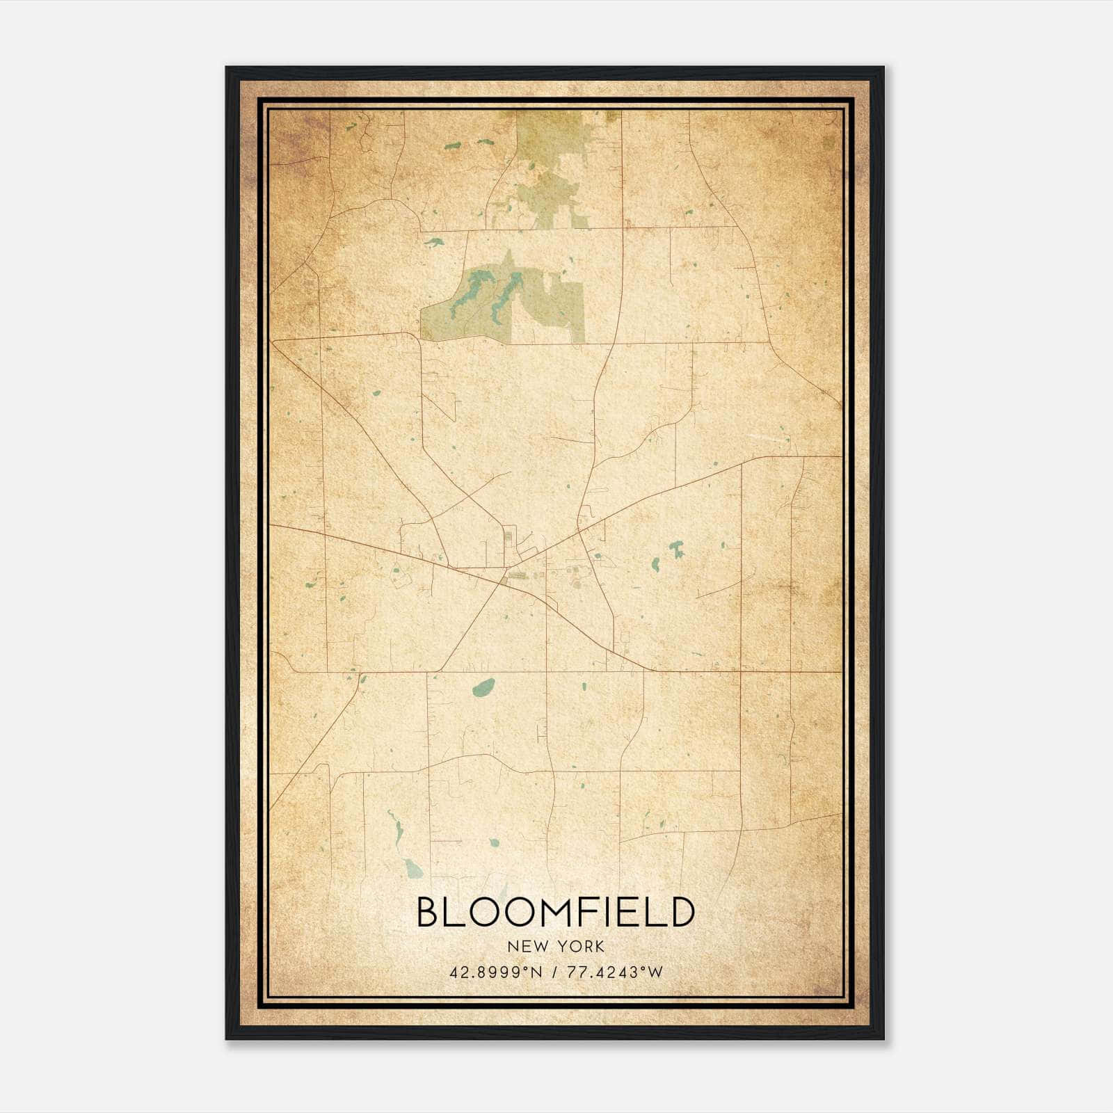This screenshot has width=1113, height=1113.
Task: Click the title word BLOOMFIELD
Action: click(555, 912)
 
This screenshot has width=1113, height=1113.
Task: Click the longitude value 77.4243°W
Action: click(616, 972)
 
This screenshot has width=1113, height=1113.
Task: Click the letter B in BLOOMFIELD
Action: click(429, 912)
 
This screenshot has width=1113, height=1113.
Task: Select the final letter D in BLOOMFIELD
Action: click(680, 912)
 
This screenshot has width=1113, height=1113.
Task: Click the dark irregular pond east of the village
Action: click(675, 550)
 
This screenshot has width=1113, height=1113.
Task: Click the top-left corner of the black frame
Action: click(227, 68)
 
